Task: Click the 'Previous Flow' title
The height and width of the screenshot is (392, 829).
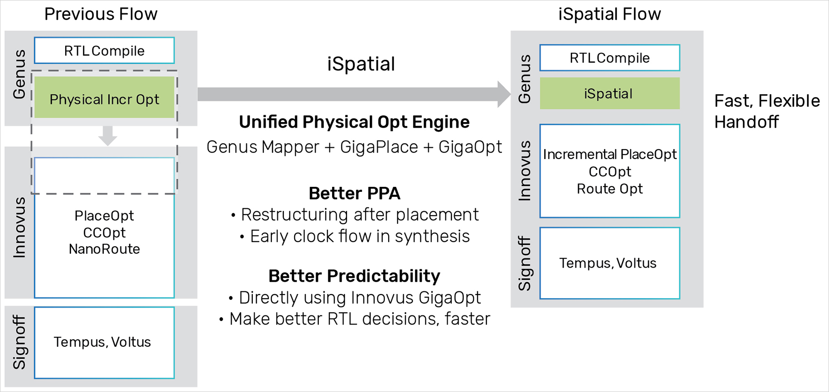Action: (101, 15)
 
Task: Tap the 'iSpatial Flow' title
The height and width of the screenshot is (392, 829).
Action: (609, 15)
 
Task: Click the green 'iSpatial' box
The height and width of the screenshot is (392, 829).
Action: (609, 93)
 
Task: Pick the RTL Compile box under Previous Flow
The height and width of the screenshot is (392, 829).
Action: (104, 51)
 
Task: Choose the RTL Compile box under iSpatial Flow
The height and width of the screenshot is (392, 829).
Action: (609, 58)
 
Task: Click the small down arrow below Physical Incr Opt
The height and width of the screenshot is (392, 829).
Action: (108, 136)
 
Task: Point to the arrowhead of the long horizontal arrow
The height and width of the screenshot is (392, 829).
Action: (504, 94)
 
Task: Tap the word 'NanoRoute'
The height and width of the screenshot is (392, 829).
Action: (104, 249)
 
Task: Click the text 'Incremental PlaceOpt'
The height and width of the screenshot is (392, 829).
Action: (609, 155)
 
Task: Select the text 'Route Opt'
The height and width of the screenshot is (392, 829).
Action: (609, 189)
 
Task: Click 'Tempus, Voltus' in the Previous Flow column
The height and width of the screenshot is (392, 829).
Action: (102, 342)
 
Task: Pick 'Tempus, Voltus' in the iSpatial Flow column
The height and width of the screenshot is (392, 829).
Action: (608, 263)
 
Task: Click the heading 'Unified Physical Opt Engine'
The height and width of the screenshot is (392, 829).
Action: (354, 122)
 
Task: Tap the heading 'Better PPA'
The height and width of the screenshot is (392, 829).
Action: (354, 193)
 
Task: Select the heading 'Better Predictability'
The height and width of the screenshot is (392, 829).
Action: (354, 276)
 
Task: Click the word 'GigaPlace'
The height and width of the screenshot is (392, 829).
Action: (379, 147)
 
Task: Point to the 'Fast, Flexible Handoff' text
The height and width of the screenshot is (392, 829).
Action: (766, 111)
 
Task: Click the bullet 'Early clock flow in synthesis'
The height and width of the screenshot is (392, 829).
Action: (359, 237)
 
